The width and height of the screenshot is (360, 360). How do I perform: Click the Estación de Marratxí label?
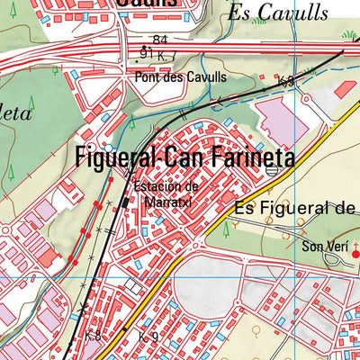click(x=165, y=193)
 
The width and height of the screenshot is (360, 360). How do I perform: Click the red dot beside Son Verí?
click(x=355, y=254)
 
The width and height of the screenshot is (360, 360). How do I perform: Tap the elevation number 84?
click(x=160, y=40)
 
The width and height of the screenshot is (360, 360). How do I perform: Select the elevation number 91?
click(x=146, y=54)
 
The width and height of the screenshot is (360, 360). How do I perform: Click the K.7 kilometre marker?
click(x=166, y=57)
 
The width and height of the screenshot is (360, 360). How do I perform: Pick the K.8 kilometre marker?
click(x=93, y=335)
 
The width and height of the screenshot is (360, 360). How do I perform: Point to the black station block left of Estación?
click(x=125, y=203)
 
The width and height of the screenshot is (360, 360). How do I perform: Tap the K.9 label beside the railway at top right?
click(x=286, y=82)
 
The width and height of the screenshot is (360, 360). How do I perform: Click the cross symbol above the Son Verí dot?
click(x=355, y=241)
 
